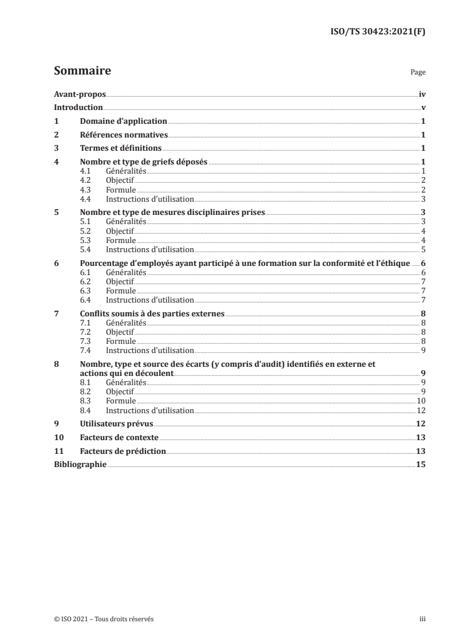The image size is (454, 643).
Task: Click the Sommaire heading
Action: tap(82, 71)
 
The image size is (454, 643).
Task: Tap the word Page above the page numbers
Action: tap(418, 73)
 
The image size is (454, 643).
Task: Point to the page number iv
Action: tap(422, 94)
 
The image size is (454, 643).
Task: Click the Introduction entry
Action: tap(78, 108)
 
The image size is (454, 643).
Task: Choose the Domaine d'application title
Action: tap(123, 121)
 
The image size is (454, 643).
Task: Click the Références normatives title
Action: tap(123, 135)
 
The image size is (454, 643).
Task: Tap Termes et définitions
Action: tap(112, 149)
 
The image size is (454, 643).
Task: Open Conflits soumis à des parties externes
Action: tap(152, 314)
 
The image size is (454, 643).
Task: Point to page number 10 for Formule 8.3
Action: tap(420, 401)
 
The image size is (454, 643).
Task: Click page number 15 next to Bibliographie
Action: tap(421, 465)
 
